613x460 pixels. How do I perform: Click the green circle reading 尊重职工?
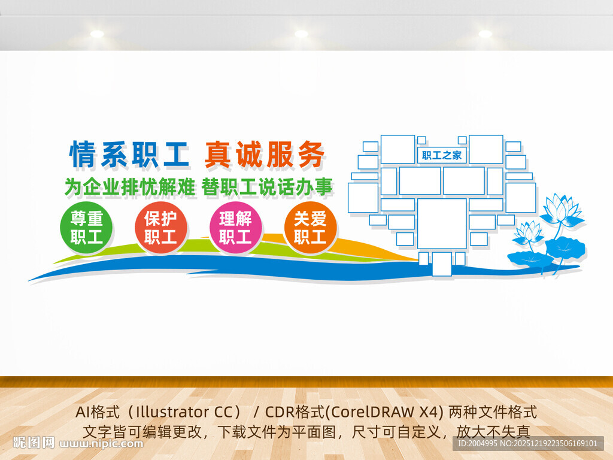(x=87, y=228)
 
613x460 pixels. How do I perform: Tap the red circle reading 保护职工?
(x=160, y=228)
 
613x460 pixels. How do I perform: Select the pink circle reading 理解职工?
(x=235, y=228)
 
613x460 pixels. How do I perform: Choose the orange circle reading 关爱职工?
(x=310, y=228)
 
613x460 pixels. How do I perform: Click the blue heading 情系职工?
(x=130, y=155)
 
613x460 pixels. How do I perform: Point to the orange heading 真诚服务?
(x=265, y=155)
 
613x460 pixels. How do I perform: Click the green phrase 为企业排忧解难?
(x=130, y=187)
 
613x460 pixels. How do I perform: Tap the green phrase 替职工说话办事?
(x=267, y=187)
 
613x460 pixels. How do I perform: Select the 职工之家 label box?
(x=442, y=156)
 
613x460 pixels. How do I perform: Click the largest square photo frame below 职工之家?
(x=442, y=223)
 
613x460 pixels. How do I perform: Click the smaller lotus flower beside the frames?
(x=529, y=232)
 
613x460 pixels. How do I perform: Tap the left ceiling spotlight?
(x=97, y=34)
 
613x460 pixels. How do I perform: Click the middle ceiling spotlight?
(x=301, y=34)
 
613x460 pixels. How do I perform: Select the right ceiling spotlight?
(x=485, y=34)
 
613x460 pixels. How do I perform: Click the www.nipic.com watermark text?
(x=102, y=444)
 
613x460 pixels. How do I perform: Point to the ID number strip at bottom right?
(x=527, y=443)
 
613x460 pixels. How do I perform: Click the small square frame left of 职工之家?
(x=421, y=140)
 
